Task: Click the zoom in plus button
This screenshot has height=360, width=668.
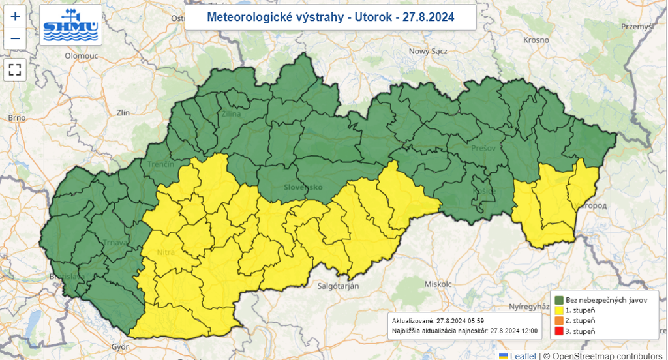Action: [x=16, y=18]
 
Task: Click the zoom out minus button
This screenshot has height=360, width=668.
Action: [x=16, y=40]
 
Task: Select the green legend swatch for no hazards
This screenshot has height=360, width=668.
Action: [x=559, y=299]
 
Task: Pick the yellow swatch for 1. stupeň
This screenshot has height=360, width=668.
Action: [x=559, y=310]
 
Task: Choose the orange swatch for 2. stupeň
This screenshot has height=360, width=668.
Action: [x=559, y=321]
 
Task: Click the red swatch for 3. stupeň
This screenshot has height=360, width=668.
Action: [x=559, y=331]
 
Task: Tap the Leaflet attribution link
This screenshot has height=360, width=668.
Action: [x=523, y=355]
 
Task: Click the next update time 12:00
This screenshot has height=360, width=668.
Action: [x=528, y=331]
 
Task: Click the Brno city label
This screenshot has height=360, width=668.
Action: [x=16, y=118]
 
